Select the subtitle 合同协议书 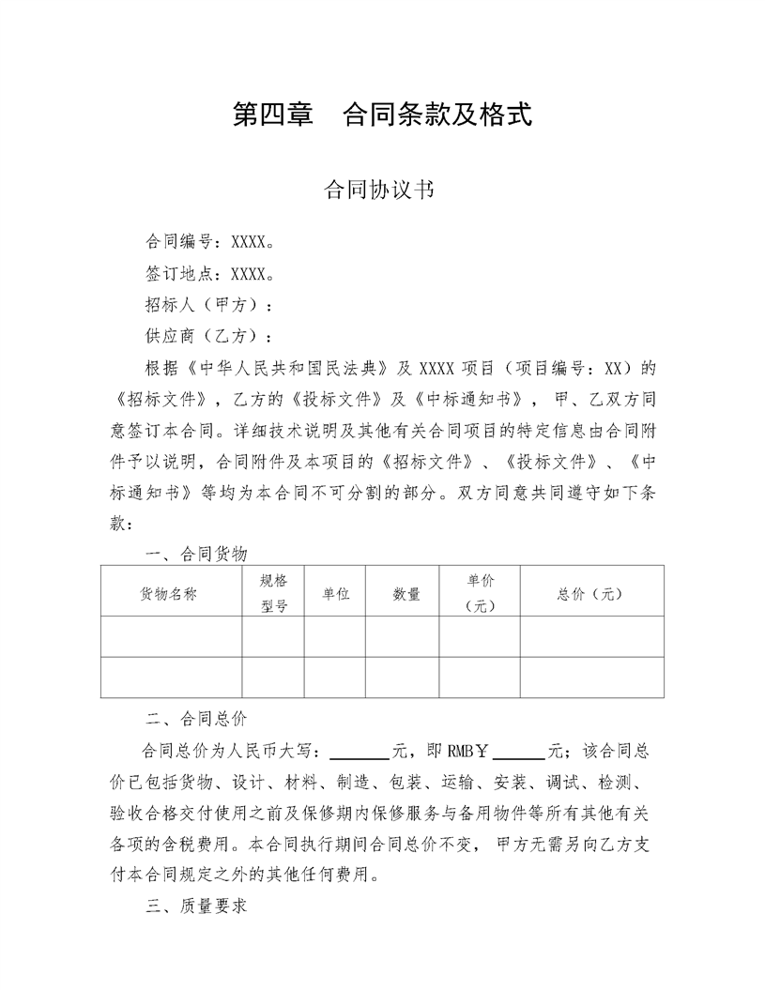377,190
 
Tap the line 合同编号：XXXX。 209,243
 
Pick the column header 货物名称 170,594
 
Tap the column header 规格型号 273,593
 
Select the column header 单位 335,594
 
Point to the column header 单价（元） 480,593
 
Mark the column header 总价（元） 590,594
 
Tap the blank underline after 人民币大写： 361,753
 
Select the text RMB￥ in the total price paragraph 468,752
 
